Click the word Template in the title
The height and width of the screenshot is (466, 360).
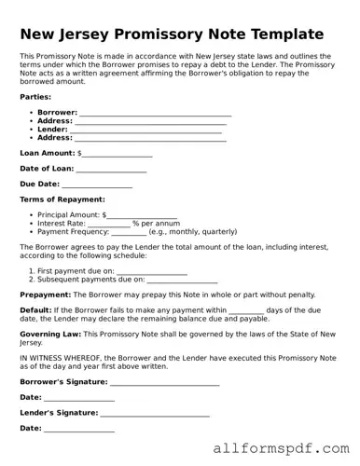[278, 34]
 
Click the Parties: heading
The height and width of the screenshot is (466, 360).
[35, 96]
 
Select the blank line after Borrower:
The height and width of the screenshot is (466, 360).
[155, 114]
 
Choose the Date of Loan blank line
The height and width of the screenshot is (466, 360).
[111, 170]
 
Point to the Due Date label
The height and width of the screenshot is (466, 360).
[39, 185]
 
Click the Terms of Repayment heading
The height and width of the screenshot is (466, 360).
[62, 199]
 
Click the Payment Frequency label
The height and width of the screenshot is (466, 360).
[73, 232]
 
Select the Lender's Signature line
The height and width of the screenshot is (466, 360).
[155, 413]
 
